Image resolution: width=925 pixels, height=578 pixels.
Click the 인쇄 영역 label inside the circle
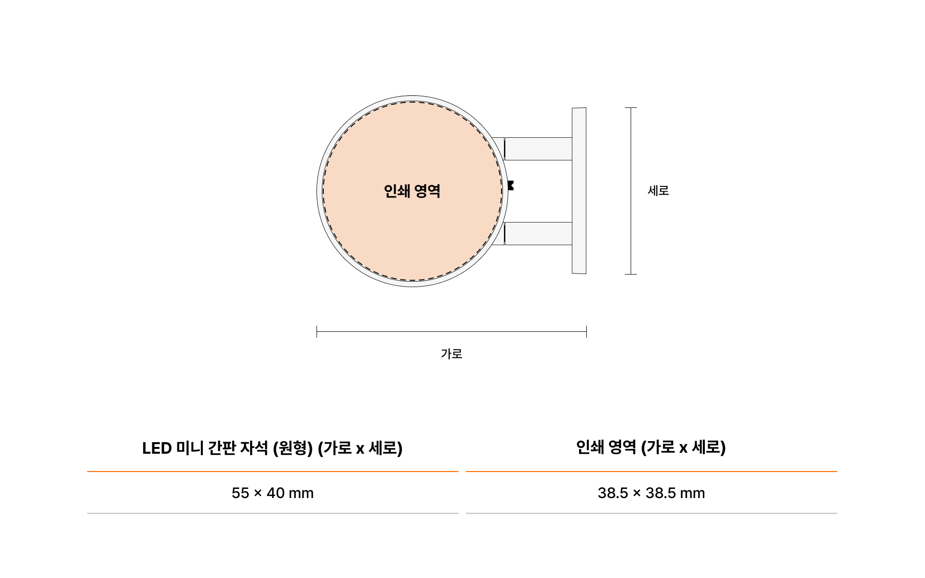click(412, 191)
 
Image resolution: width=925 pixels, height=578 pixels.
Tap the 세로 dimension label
click(658, 191)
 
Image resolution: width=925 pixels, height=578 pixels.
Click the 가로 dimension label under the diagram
click(451, 354)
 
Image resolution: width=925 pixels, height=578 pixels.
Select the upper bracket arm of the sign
click(538, 149)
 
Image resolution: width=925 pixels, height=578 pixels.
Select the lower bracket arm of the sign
click(538, 234)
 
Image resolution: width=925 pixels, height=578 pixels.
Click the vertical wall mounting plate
click(579, 191)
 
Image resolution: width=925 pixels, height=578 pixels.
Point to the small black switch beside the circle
click(511, 185)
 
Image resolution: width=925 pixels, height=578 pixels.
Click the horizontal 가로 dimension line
click(451, 331)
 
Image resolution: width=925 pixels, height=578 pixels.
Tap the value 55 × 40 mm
click(273, 493)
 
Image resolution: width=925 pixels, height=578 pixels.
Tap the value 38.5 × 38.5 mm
click(651, 493)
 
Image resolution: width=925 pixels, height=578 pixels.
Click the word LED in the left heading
click(157, 448)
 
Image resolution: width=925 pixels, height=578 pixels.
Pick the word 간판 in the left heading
click(221, 448)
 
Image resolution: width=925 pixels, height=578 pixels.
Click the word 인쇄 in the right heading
click(590, 447)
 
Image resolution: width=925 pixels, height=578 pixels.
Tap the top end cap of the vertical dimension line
click(631, 108)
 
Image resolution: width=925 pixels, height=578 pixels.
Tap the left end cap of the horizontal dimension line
click(317, 331)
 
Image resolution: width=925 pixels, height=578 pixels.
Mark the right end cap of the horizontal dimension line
click(586, 331)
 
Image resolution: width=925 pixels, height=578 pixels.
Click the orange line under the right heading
click(651, 472)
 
